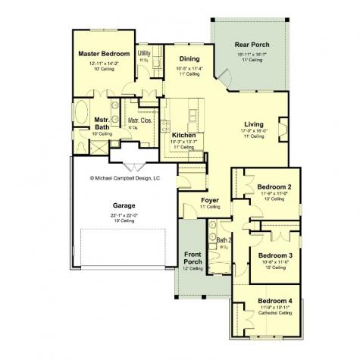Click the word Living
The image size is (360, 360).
click(254, 124)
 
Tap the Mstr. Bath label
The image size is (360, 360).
click(102, 123)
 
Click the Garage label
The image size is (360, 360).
click(124, 204)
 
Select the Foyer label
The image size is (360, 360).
click(209, 200)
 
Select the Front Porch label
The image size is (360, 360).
click(192, 258)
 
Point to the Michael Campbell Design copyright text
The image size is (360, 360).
click(125, 179)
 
